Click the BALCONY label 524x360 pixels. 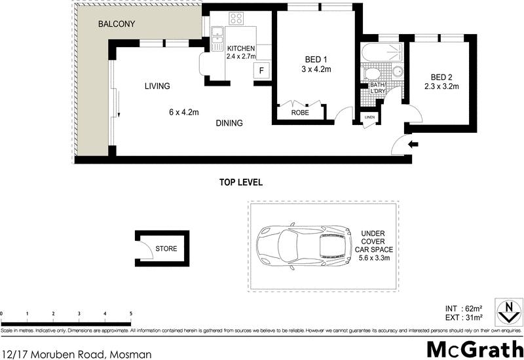pos(116,24)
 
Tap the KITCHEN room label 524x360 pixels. pos(240,48)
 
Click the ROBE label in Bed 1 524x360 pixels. pos(299,113)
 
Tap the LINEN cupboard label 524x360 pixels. pos(369,117)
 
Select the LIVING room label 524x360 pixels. pos(157,86)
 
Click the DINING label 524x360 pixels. pos(228,123)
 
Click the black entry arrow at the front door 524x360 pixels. pos(413,144)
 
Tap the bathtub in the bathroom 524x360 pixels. pos(379,52)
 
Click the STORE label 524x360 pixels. pos(166,248)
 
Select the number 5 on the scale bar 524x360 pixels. pos(130,314)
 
